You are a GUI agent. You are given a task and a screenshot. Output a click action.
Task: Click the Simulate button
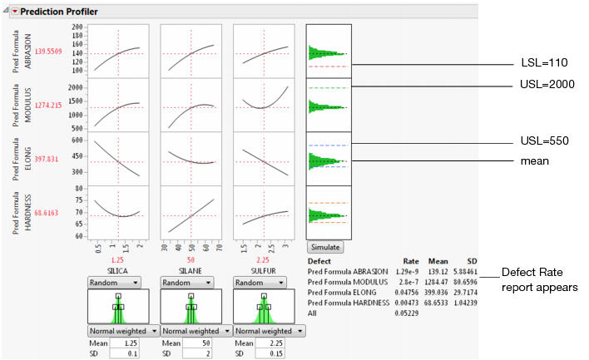[325, 247]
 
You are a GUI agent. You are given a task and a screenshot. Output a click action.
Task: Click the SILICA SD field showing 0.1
[123, 353]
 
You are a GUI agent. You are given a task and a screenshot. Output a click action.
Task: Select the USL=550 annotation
[542, 141]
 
